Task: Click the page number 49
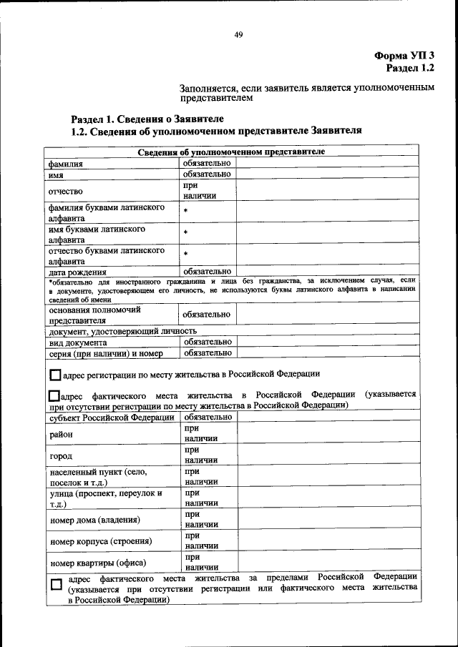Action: (x=239, y=36)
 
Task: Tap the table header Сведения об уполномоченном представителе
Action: (x=230, y=152)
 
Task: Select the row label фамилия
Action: (x=66, y=164)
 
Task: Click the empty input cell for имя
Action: (x=327, y=174)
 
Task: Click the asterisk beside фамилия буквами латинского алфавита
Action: (x=185, y=212)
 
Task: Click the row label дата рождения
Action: (x=77, y=272)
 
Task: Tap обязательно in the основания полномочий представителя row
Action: (x=207, y=315)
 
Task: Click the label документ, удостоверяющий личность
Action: (x=122, y=331)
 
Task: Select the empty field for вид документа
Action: (x=327, y=342)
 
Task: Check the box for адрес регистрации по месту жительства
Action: (x=56, y=375)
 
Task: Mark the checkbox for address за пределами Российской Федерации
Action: (x=57, y=585)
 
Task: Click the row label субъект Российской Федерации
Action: (x=111, y=417)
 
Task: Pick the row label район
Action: (x=61, y=434)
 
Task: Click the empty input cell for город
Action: (x=327, y=455)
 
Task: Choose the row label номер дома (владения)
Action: (x=94, y=520)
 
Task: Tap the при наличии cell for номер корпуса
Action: (x=200, y=541)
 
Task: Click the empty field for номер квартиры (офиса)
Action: (x=327, y=563)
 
